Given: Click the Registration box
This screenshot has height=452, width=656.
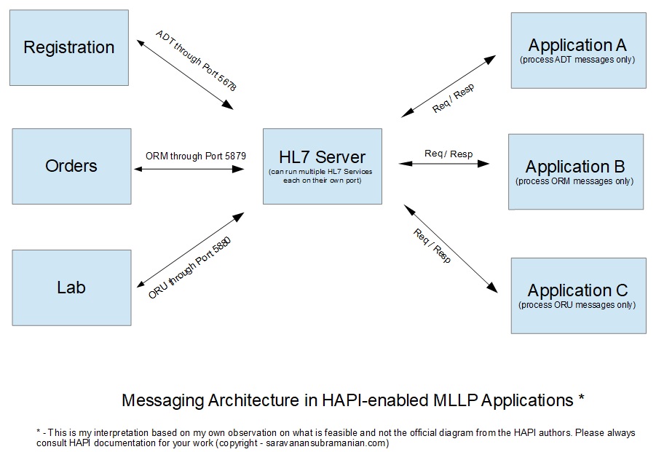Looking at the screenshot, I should (69, 48).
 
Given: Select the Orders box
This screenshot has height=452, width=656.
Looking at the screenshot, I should (71, 166).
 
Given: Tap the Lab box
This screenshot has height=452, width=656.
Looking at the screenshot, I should (71, 288).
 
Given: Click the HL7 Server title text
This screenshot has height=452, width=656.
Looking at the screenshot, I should (322, 157).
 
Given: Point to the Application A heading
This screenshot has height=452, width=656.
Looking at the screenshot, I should (577, 45).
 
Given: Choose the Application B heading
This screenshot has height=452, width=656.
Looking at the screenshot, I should (575, 167).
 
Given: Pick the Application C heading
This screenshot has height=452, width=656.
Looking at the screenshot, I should (577, 290).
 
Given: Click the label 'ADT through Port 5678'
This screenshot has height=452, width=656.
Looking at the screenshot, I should (196, 60).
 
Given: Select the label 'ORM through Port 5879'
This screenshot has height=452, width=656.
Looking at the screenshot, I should (191, 156).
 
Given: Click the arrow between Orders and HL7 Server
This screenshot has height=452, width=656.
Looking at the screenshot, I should (189, 169).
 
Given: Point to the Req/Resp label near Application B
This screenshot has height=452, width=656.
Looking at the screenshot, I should (448, 154).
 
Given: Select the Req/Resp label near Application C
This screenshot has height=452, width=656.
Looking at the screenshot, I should (432, 245).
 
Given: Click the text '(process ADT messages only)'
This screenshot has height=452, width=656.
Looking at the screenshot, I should (577, 60).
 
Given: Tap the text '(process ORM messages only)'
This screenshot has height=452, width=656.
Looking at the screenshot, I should (575, 181).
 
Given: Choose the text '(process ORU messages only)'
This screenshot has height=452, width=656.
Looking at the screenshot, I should (577, 305).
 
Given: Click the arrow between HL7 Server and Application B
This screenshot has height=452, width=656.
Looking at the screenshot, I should (444, 164).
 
